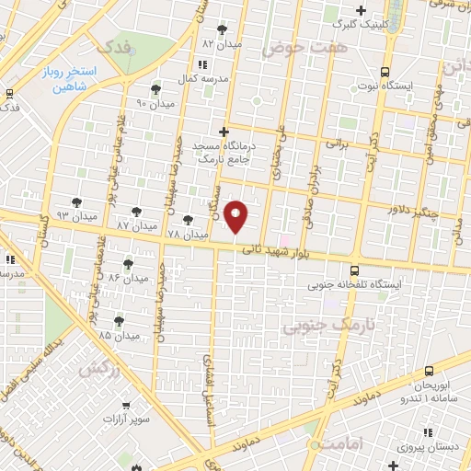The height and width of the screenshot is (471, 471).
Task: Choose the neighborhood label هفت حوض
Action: tap(294, 47)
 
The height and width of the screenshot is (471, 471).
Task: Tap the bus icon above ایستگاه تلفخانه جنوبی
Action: tap(355, 270)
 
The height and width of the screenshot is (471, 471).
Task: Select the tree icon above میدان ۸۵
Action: tap(119, 320)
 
